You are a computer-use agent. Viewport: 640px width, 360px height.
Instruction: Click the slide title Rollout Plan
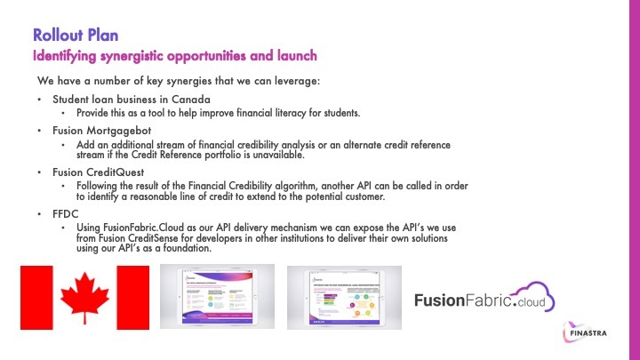pyautogui.click(x=76, y=36)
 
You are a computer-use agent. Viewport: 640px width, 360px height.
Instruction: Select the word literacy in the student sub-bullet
pyautogui.click(x=292, y=114)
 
